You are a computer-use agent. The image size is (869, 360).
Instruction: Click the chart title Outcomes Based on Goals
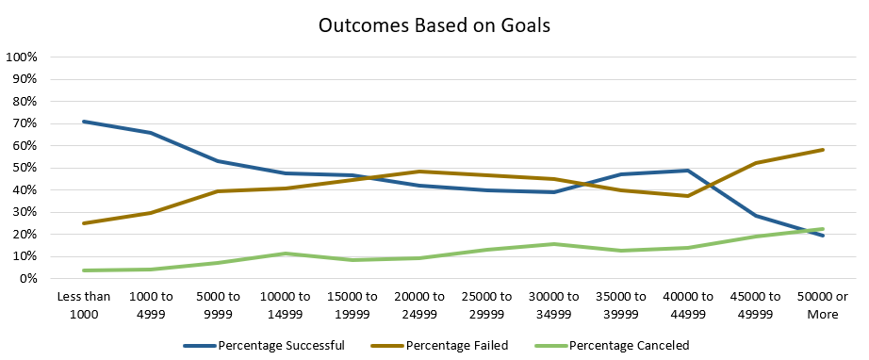point(434,25)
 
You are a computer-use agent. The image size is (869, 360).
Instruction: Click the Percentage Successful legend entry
point(281,345)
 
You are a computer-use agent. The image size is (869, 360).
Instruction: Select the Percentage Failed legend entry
point(457,345)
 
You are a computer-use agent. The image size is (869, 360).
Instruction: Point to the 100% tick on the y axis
point(21,57)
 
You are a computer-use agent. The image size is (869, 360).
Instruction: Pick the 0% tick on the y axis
point(26,279)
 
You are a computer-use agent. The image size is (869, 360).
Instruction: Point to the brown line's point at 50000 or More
point(823,150)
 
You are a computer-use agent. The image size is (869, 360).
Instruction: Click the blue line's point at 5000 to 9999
point(218,161)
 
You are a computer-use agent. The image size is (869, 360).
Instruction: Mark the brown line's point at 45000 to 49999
point(756,163)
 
